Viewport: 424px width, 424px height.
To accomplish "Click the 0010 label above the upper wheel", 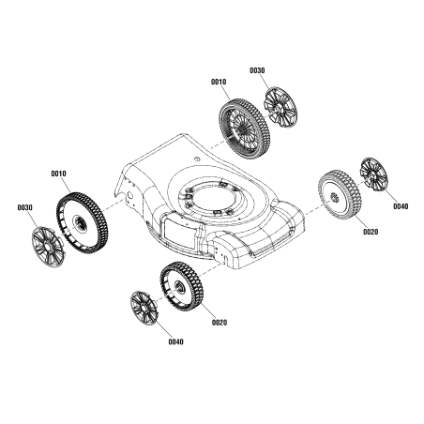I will pyautogui.click(x=219, y=83).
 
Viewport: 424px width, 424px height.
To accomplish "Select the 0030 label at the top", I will pyautogui.click(x=257, y=71).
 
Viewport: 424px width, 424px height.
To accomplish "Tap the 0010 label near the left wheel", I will pyautogui.click(x=58, y=174).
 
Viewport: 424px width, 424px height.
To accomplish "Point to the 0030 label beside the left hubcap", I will pyautogui.click(x=25, y=207).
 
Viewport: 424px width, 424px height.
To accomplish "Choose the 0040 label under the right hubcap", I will pyautogui.click(x=400, y=205).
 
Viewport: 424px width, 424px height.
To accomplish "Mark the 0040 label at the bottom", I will pyautogui.click(x=175, y=341).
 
